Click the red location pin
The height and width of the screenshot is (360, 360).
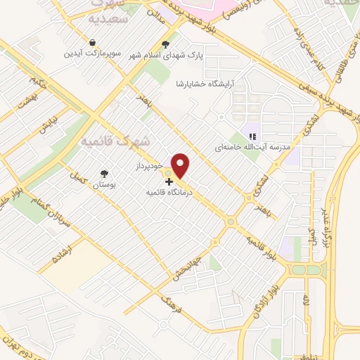tap(181, 165)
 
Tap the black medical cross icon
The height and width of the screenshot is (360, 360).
tap(169, 181)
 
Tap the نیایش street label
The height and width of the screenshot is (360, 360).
tap(46, 130)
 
